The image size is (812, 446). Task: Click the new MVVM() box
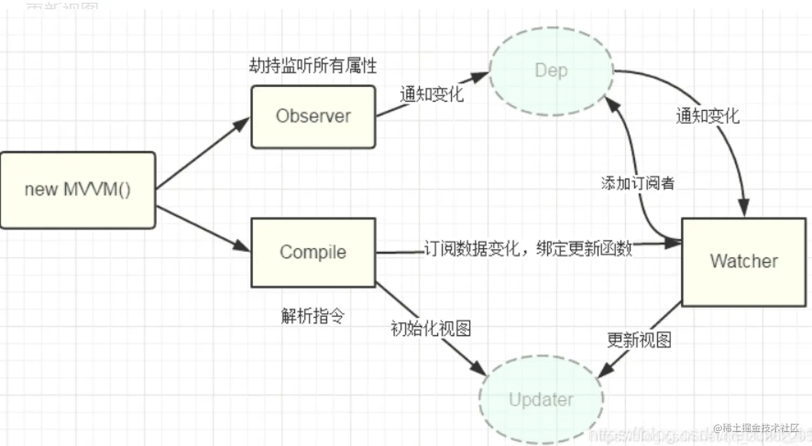click(x=78, y=190)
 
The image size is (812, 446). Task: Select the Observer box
click(x=313, y=116)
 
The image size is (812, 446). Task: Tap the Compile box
click(x=313, y=252)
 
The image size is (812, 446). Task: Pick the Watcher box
click(x=744, y=261)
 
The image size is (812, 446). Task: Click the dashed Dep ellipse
click(x=551, y=70)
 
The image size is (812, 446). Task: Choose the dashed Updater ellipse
click(x=541, y=399)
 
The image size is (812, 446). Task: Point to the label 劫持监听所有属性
click(x=313, y=65)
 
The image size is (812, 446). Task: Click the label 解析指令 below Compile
click(x=313, y=316)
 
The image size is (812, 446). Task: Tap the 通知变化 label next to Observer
click(x=431, y=94)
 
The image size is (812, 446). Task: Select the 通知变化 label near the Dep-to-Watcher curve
click(x=707, y=115)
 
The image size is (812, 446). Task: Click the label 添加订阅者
click(x=637, y=183)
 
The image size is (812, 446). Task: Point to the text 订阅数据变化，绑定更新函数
click(x=528, y=248)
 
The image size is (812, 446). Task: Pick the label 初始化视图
click(x=431, y=328)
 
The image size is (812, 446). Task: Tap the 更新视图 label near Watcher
click(x=639, y=340)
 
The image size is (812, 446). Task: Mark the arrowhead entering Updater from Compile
click(x=479, y=369)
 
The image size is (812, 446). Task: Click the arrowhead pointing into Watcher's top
click(x=743, y=208)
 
